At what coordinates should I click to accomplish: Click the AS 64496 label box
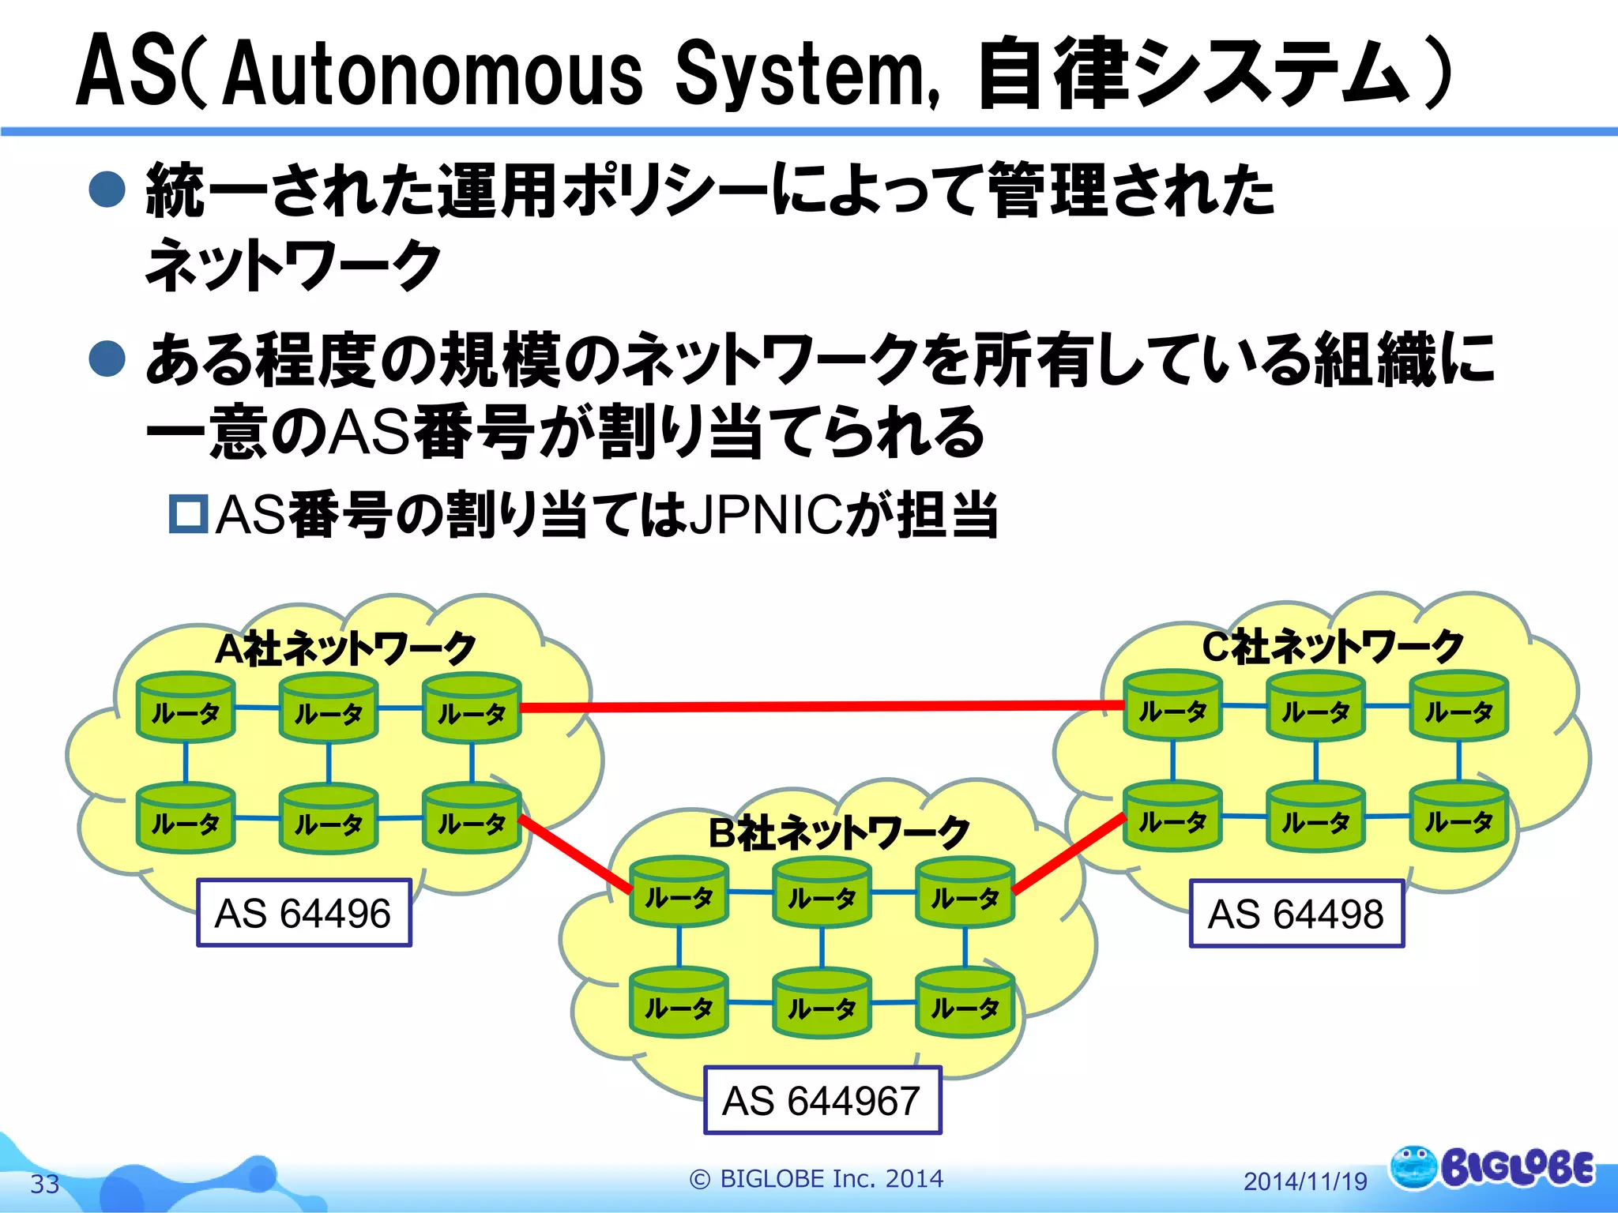click(x=303, y=914)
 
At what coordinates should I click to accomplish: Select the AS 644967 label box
click(x=822, y=1101)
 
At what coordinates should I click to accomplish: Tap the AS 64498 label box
click(x=1296, y=914)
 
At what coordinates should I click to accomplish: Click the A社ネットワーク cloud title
click(x=345, y=649)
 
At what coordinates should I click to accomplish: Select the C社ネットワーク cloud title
click(x=1333, y=647)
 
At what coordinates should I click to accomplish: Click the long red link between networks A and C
click(x=822, y=706)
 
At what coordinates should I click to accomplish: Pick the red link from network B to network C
click(x=1068, y=855)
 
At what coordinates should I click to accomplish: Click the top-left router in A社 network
click(x=186, y=708)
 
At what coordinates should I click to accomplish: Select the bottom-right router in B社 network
click(x=965, y=1003)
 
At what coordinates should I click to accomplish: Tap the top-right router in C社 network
click(x=1458, y=706)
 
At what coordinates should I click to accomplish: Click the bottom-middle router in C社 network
click(x=1315, y=817)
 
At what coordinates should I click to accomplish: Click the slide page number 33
click(x=45, y=1184)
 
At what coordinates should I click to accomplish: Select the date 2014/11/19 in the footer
click(x=1305, y=1181)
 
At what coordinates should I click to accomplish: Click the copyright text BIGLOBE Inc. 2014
click(x=817, y=1178)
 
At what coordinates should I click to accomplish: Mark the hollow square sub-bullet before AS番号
click(x=189, y=514)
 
